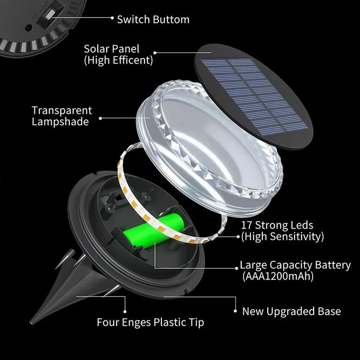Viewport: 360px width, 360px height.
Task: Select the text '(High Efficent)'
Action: [118, 59]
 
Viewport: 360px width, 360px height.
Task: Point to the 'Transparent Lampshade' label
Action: [62, 116]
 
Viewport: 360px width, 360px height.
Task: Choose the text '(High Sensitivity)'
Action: [283, 236]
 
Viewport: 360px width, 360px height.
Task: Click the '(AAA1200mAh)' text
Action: [277, 276]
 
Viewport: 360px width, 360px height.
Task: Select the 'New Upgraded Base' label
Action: [292, 311]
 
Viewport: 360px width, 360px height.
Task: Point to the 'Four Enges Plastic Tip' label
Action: [150, 322]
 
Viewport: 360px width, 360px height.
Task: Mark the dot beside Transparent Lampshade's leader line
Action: [100, 118]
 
